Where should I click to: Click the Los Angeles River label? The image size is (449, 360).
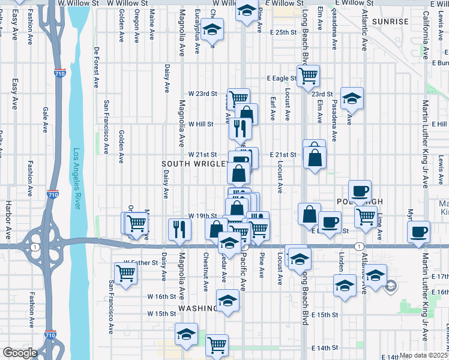[76, 179]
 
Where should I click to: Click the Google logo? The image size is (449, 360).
[20, 353]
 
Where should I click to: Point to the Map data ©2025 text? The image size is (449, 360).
[423, 355]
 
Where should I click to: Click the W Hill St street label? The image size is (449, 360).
[201, 124]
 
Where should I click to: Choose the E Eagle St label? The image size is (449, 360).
[282, 78]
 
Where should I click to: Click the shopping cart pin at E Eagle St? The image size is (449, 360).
[309, 76]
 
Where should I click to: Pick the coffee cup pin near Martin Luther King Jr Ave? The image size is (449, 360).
[419, 231]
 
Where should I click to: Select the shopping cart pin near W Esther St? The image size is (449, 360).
[126, 274]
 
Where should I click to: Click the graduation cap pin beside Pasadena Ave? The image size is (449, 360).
[352, 98]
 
